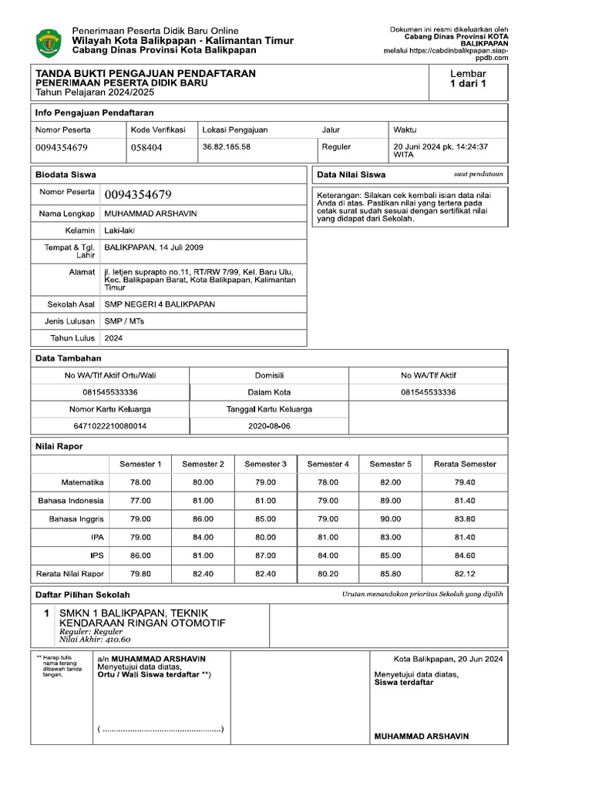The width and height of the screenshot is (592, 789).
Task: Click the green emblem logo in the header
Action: (x=49, y=42)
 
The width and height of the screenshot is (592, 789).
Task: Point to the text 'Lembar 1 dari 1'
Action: (x=468, y=79)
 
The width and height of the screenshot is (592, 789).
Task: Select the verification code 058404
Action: (x=146, y=147)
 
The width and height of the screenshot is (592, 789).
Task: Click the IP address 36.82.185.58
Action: (x=226, y=146)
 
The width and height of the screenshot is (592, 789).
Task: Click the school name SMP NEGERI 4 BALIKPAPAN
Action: (x=160, y=304)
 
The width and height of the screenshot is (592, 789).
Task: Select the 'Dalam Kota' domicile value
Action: (x=269, y=392)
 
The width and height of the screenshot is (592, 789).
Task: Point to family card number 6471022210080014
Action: (x=109, y=425)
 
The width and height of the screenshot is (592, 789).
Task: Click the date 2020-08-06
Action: (x=269, y=425)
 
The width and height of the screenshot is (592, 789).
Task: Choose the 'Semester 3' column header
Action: (x=265, y=464)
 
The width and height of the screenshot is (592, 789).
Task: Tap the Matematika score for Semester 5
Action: (x=391, y=482)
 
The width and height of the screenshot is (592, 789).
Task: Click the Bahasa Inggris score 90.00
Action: (x=391, y=519)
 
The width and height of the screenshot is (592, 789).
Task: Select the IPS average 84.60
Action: (x=465, y=556)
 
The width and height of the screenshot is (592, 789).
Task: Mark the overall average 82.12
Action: (x=465, y=574)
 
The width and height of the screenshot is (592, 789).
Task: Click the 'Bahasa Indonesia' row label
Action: (x=71, y=501)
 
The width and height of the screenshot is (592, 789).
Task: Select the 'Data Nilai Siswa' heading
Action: (x=351, y=175)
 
